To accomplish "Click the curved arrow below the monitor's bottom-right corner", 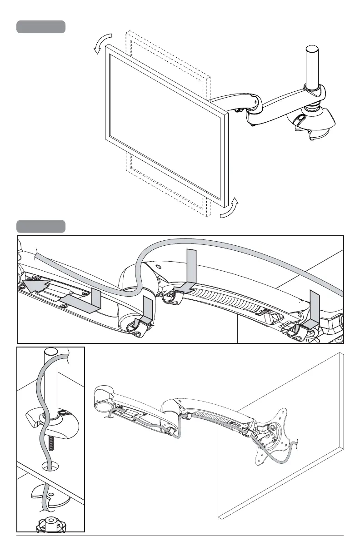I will coord(229,208).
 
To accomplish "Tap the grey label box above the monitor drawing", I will coord(41,27).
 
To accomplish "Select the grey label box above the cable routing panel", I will coord(41,226).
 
